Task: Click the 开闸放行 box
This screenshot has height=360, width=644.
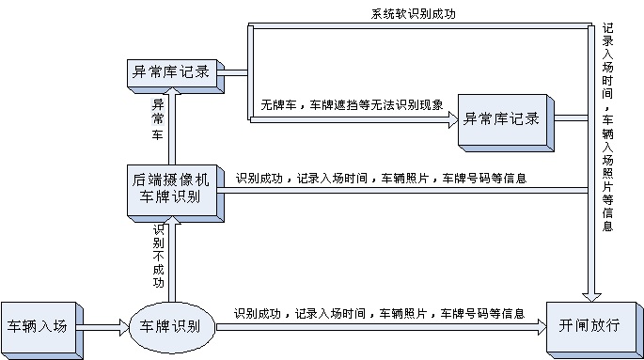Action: point(588,326)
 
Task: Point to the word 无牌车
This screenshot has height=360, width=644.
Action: point(277,106)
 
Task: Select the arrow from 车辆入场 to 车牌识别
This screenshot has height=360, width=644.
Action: point(104,327)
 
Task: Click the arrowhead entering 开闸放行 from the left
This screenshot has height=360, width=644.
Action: point(539,327)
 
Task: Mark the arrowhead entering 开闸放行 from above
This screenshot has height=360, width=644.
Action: point(590,295)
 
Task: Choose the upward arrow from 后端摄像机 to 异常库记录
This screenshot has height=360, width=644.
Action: point(172,122)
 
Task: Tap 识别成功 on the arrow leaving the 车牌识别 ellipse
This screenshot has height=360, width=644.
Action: point(257,313)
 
